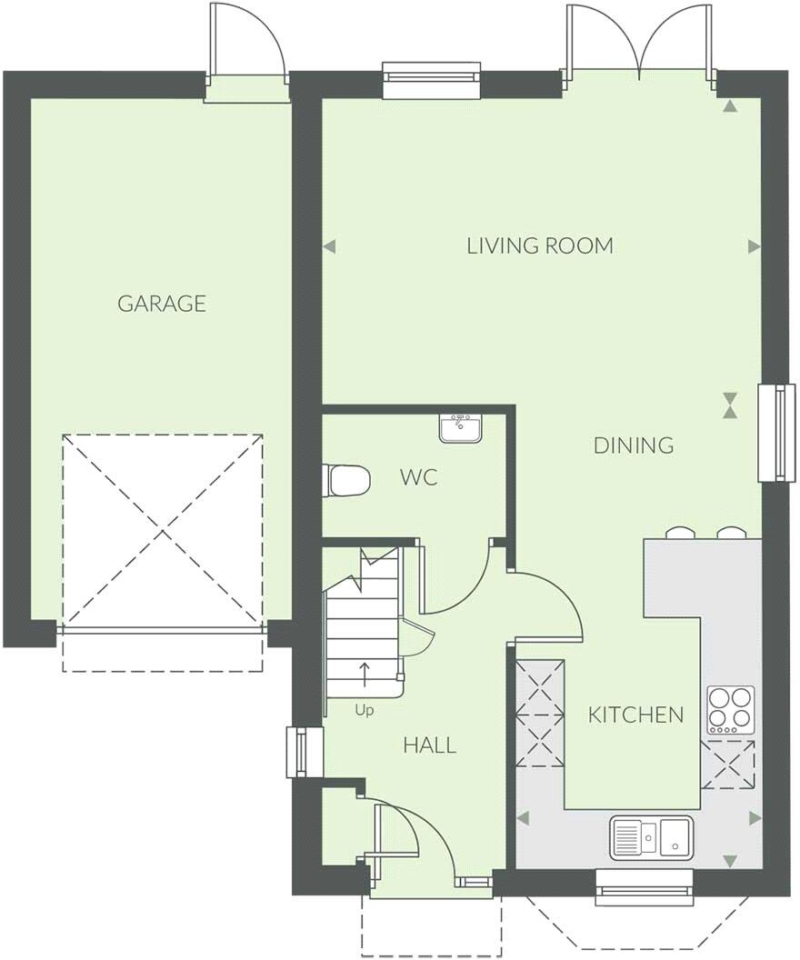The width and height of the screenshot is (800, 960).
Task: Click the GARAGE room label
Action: [x=162, y=304]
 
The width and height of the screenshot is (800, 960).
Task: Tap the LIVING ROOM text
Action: [x=540, y=245]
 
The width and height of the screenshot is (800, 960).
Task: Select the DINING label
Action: [x=634, y=445]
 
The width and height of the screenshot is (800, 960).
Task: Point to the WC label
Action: [x=418, y=477]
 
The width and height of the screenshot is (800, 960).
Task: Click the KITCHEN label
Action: [x=635, y=715]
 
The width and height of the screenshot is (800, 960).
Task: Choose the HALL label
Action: [x=429, y=746]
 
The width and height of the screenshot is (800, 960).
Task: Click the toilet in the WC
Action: [x=347, y=479]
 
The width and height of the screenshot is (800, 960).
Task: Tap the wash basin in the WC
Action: [x=461, y=427]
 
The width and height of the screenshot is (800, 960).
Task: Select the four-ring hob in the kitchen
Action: [x=731, y=710]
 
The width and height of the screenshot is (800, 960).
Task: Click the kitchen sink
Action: [x=651, y=835]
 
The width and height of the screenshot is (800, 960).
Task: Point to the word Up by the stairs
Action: [x=365, y=711]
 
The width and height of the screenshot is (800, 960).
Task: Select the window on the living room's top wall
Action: [x=431, y=79]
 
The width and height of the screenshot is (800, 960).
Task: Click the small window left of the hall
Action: [x=298, y=752]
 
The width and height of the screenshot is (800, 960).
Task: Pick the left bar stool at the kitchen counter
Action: [x=678, y=534]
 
